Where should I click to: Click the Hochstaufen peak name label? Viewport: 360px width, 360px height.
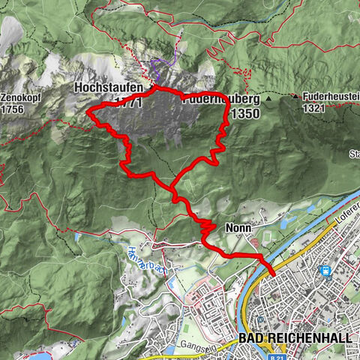click(x=108, y=88)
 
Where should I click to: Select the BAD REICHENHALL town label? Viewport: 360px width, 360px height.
click(x=295, y=339)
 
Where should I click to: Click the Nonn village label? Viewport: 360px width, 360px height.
click(x=232, y=226)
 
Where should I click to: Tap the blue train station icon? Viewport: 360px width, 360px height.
click(x=325, y=271)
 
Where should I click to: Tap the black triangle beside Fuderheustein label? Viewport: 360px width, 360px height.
click(x=297, y=97)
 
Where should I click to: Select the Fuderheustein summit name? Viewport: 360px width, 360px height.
click(x=331, y=97)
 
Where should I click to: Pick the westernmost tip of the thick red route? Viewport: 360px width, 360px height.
click(x=88, y=112)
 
